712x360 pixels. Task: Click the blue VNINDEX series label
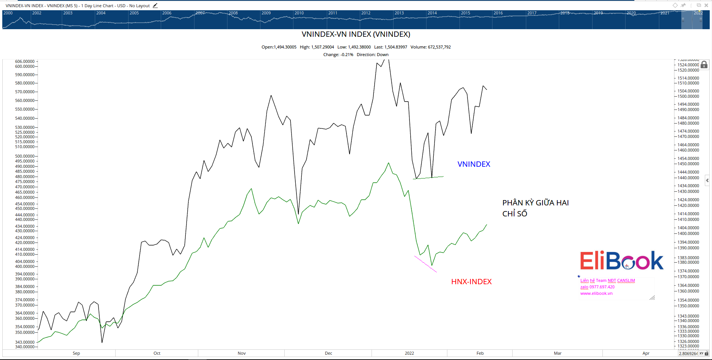(474, 164)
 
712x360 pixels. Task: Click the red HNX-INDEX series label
(471, 282)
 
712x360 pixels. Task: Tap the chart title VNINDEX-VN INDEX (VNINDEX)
(356, 34)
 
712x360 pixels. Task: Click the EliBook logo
(621, 261)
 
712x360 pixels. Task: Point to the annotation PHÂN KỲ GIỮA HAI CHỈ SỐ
(535, 208)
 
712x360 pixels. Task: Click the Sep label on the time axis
(76, 353)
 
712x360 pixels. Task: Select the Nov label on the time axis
(242, 353)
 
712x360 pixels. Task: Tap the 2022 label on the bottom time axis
(409, 353)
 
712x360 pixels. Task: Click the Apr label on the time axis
(646, 353)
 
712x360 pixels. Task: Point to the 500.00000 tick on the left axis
(25, 156)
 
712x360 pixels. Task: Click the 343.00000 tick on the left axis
(25, 342)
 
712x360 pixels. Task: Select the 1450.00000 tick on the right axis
(688, 164)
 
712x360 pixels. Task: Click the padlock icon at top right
(704, 65)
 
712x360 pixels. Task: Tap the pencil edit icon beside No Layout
(155, 6)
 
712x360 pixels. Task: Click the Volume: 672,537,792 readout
(430, 47)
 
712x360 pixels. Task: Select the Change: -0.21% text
(338, 55)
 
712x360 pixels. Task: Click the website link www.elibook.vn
(596, 293)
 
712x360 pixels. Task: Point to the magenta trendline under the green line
(425, 264)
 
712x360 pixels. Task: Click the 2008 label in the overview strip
(233, 13)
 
